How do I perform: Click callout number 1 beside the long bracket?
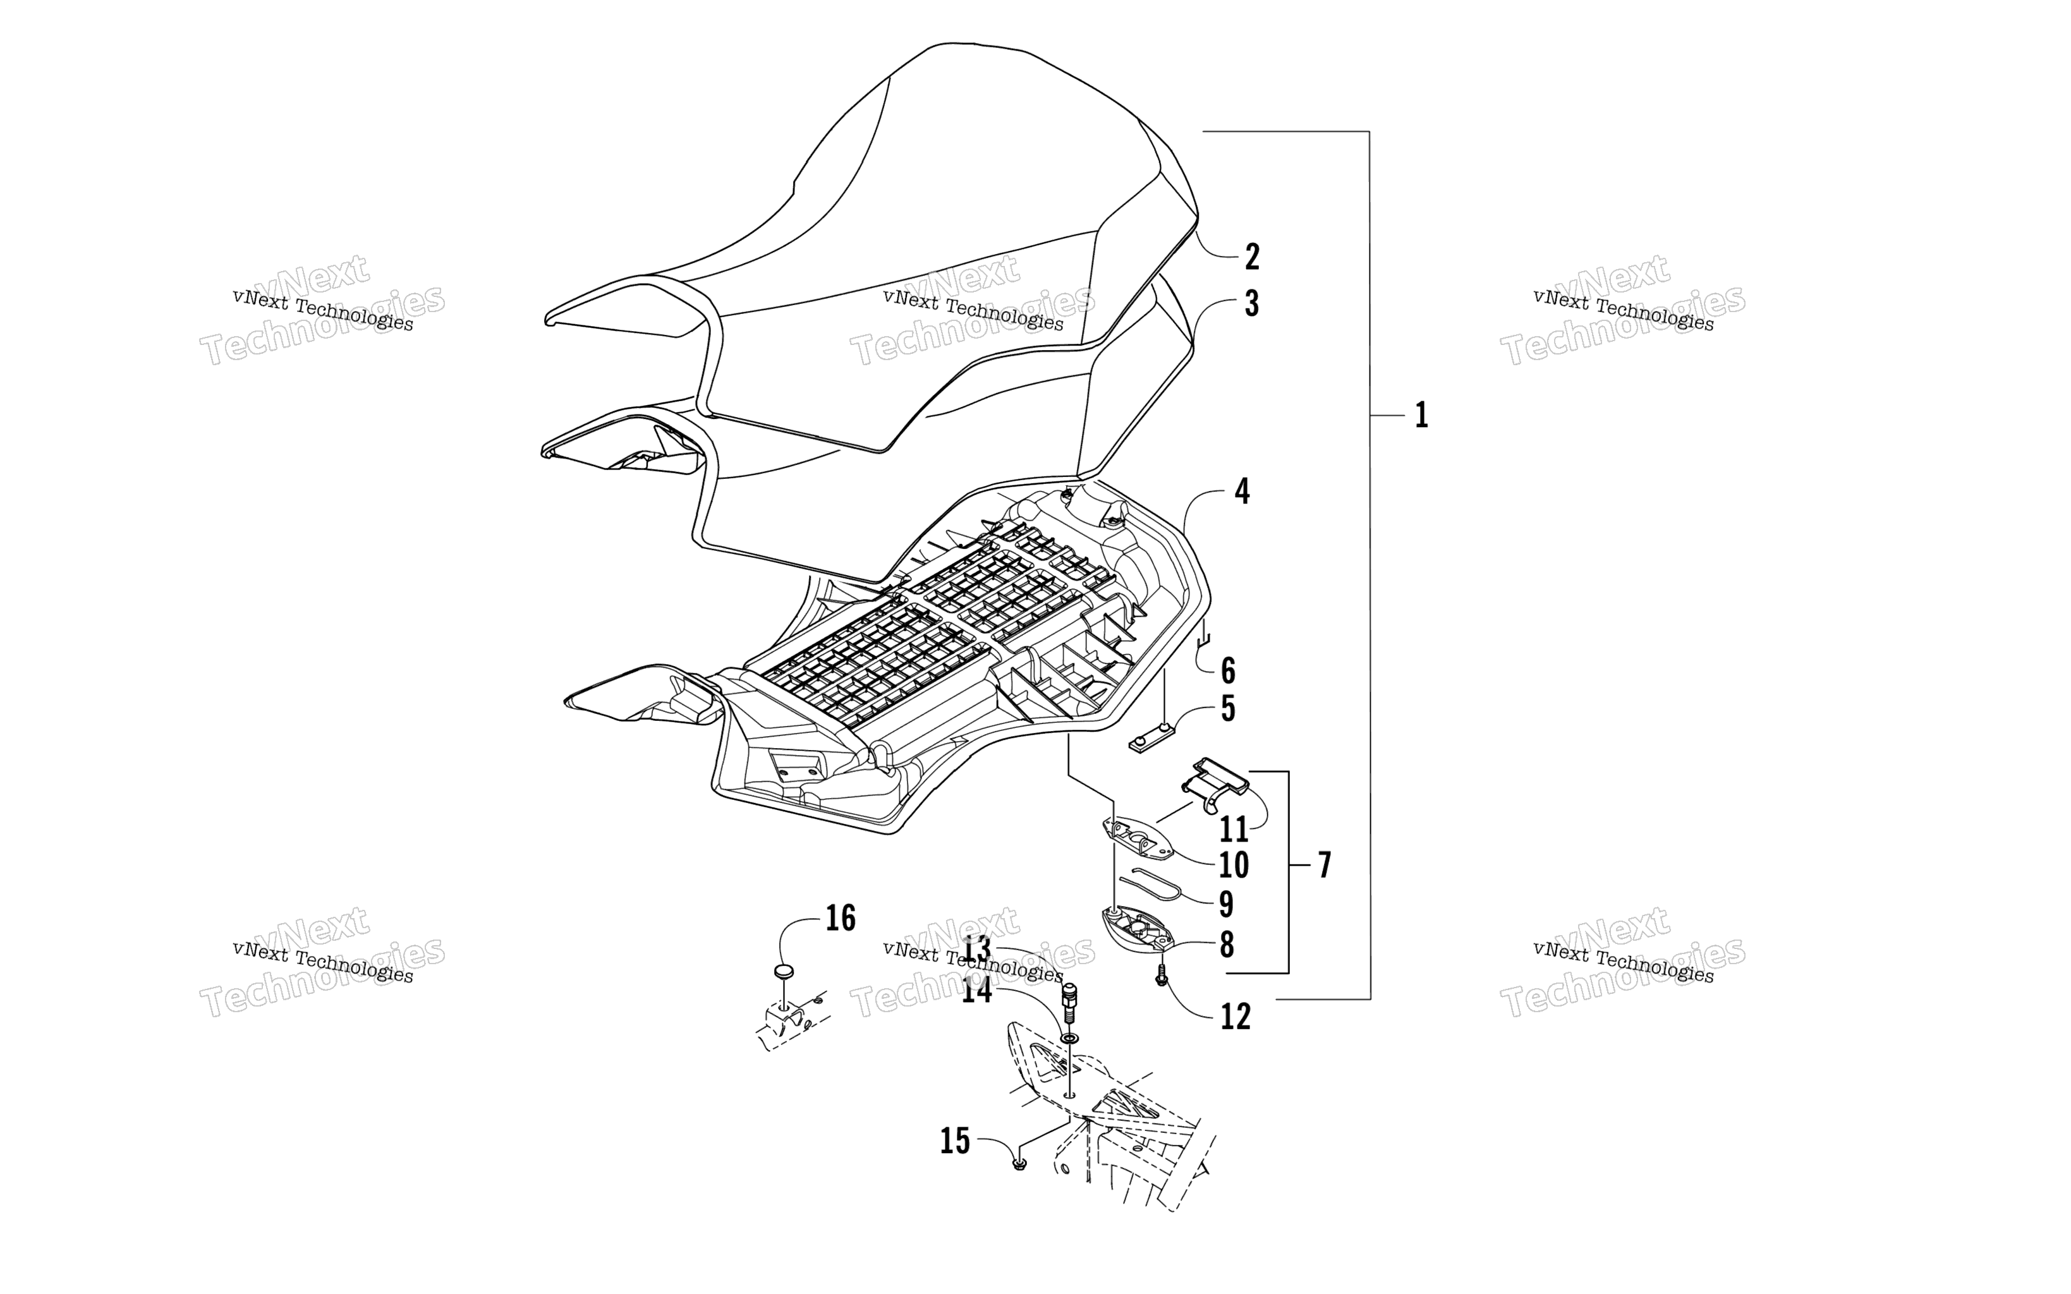1421,416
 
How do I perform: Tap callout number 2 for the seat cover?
1251,257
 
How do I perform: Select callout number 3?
1251,304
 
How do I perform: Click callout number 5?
1228,709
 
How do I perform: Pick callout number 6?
1228,671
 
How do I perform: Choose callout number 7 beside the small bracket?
1325,865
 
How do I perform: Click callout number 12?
1235,1017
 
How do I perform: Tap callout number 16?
841,918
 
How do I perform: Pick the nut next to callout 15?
1018,1163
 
